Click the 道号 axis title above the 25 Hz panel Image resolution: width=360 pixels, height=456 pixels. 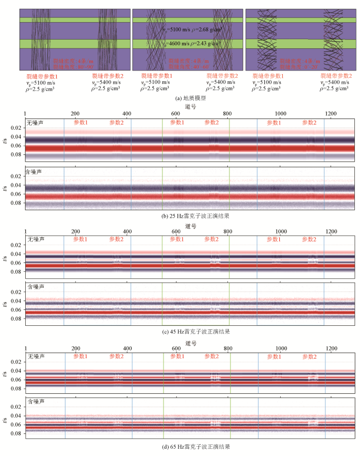[191, 106]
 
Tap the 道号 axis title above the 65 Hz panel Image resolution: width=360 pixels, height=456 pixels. [191, 343]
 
